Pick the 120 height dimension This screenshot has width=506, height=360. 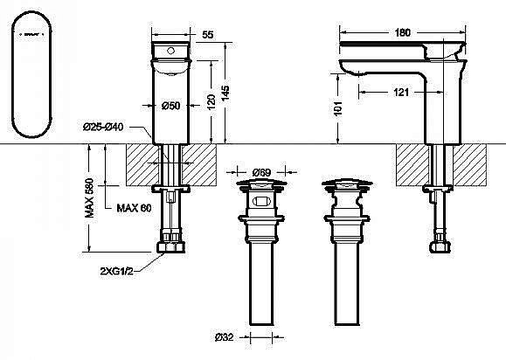211,103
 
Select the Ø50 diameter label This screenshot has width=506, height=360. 171,106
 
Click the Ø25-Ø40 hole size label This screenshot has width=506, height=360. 103,128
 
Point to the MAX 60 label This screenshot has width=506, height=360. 133,207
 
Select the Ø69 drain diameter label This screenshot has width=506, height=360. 260,171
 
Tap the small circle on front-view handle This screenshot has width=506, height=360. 172,51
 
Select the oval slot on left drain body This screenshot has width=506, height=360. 259,202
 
